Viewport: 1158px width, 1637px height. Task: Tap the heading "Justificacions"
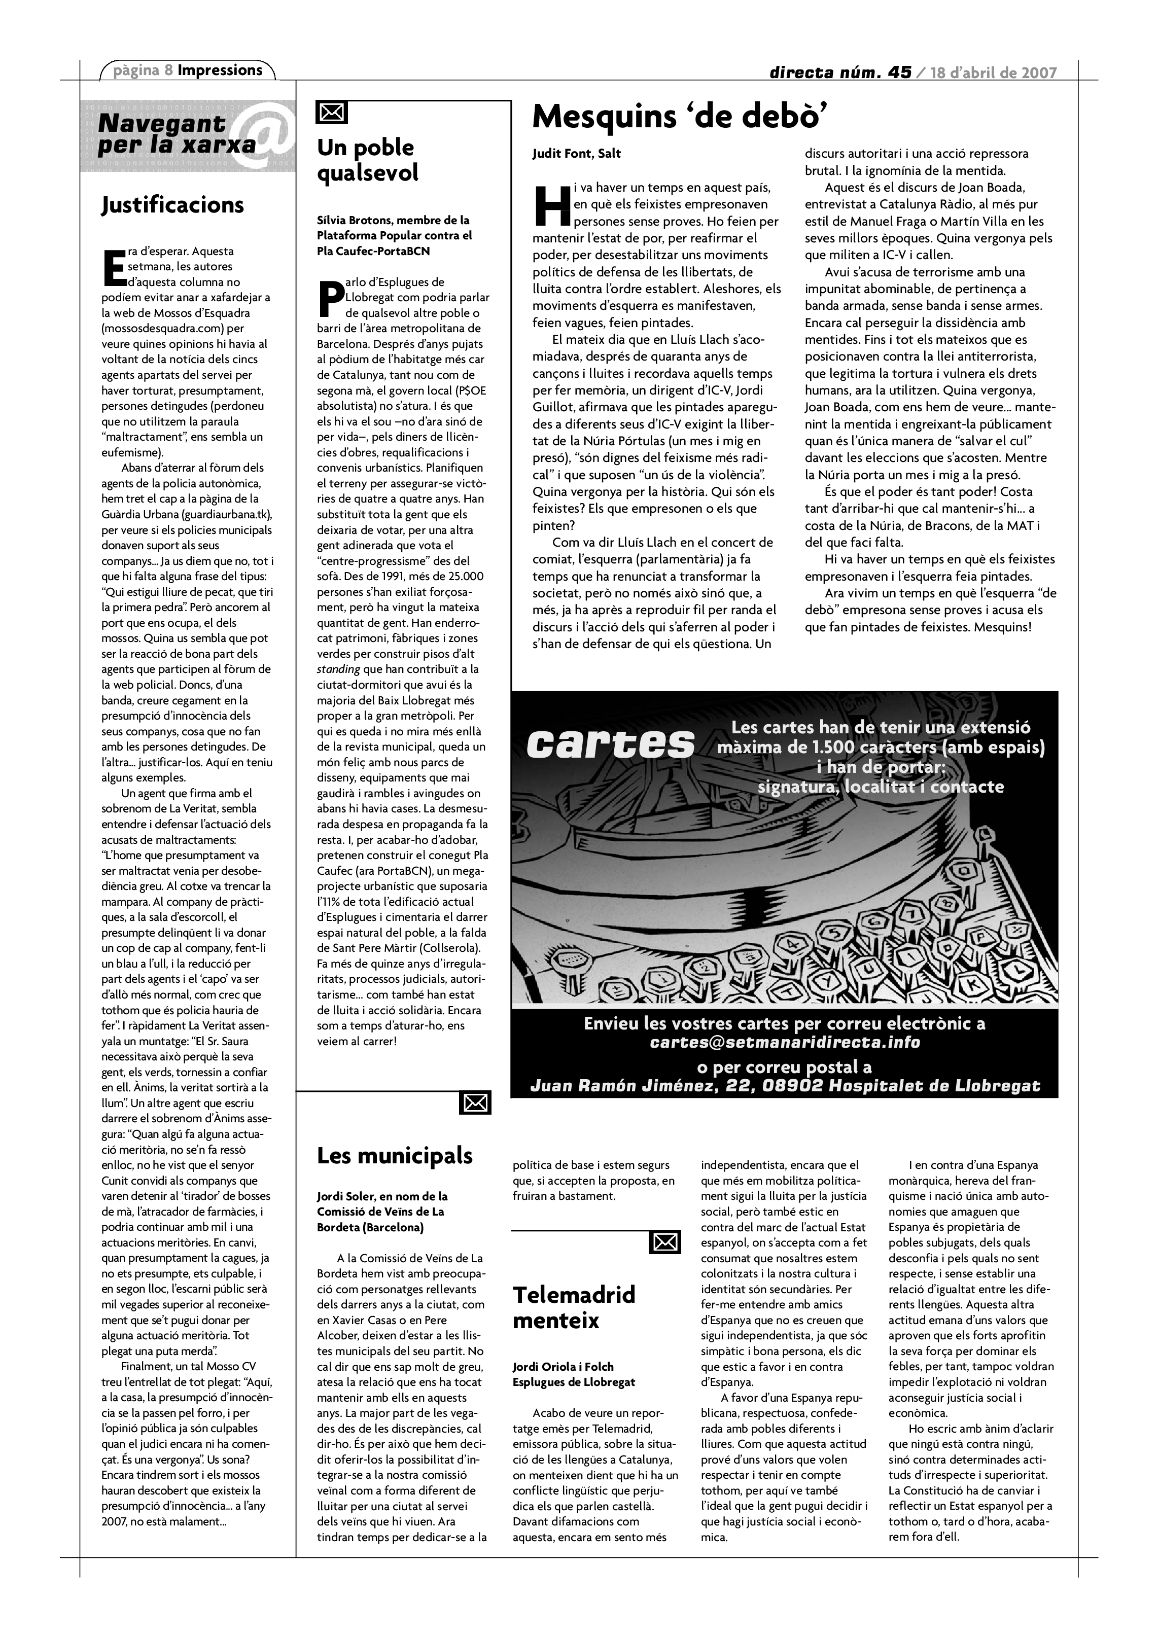172,205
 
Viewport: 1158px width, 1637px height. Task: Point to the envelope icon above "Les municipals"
476,1103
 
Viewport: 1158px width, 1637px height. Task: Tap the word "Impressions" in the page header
220,70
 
